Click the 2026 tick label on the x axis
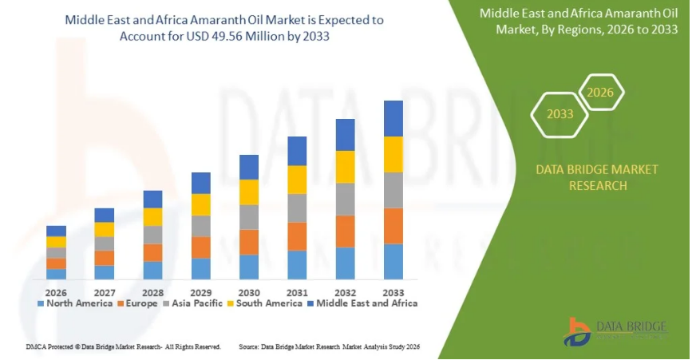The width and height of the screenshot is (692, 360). (56, 291)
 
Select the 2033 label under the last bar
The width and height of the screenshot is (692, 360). (393, 291)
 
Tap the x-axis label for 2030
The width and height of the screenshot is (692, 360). (249, 291)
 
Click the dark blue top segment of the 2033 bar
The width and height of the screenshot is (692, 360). (393, 118)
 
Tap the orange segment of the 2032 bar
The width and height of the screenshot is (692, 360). (345, 231)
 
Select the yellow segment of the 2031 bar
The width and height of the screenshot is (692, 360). (297, 180)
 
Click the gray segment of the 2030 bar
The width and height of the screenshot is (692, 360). (249, 217)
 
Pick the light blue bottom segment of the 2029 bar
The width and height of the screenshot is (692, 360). (201, 268)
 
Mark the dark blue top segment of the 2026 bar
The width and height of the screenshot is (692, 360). (56, 231)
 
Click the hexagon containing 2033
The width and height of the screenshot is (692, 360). (560, 114)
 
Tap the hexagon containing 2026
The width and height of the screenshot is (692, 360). (600, 93)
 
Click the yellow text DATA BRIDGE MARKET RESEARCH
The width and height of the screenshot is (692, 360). (597, 177)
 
